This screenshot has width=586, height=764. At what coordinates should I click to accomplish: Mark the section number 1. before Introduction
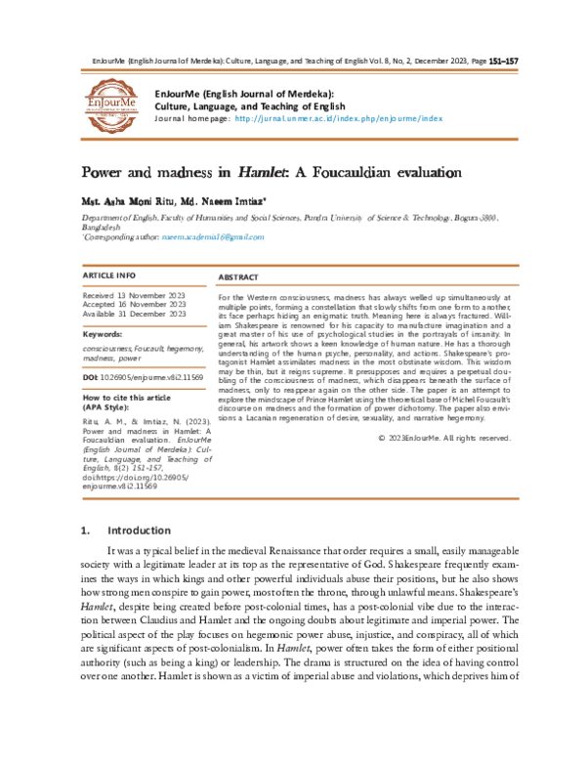tap(86, 531)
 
